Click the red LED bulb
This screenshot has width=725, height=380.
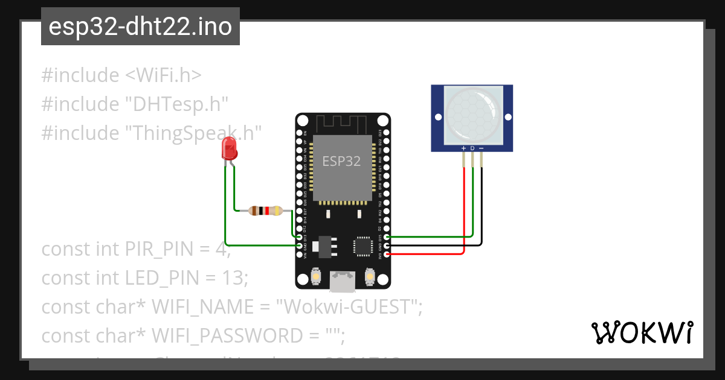click(229, 148)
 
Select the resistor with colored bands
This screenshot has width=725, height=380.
click(265, 211)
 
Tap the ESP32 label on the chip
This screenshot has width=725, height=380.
click(341, 161)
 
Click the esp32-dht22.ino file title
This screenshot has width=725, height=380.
click(140, 27)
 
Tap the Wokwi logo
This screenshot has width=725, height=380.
click(642, 332)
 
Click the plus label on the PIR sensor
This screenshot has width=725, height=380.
click(463, 148)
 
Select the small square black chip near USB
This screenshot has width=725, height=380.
click(363, 245)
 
